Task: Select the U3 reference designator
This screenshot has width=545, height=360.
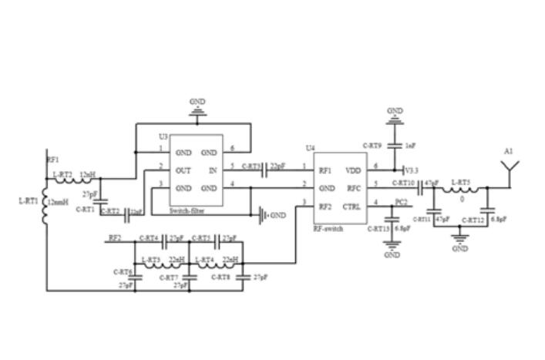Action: [163, 136]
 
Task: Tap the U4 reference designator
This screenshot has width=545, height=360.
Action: [310, 147]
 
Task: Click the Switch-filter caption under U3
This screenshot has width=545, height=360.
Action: [188, 210]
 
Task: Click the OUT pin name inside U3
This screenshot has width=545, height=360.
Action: [184, 170]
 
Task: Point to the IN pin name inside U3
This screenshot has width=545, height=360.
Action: [213, 170]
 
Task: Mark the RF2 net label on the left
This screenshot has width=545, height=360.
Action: [116, 238]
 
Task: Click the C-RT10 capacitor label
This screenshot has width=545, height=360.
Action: [403, 183]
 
